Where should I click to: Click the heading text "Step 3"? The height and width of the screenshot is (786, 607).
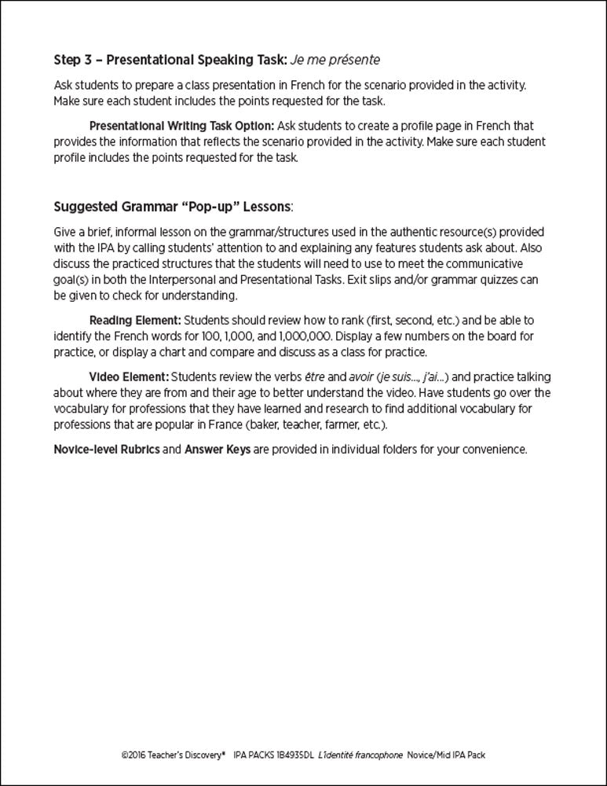tap(75, 60)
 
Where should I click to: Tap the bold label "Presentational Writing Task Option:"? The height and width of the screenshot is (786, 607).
tap(181, 126)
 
